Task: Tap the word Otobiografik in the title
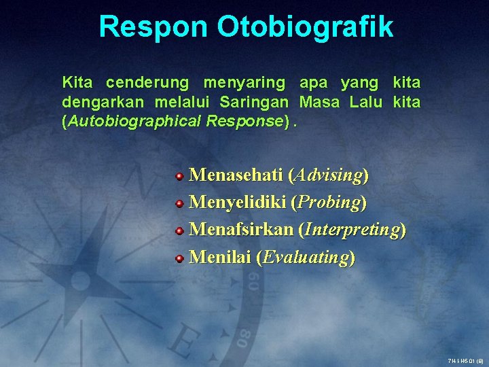pyautogui.click(x=305, y=27)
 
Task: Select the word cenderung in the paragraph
pyautogui.click(x=147, y=83)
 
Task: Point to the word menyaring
pyautogui.click(x=244, y=83)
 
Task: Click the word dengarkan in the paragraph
pyautogui.click(x=103, y=102)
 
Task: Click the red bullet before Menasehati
pyautogui.click(x=179, y=176)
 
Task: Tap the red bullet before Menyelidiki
pyautogui.click(x=179, y=203)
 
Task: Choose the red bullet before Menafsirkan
pyautogui.click(x=179, y=230)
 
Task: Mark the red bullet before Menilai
pyautogui.click(x=179, y=258)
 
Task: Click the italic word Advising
pyautogui.click(x=328, y=175)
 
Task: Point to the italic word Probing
pyautogui.click(x=328, y=203)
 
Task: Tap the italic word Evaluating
pyautogui.click(x=306, y=257)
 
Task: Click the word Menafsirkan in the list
pyautogui.click(x=241, y=230)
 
